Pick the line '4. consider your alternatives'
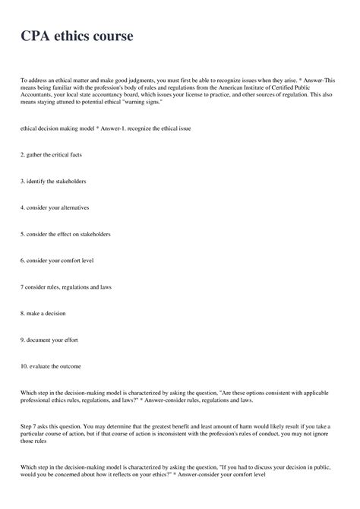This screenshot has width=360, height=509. click(57, 207)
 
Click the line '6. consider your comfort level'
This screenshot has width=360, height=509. click(58, 261)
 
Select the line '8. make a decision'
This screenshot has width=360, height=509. click(43, 313)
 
